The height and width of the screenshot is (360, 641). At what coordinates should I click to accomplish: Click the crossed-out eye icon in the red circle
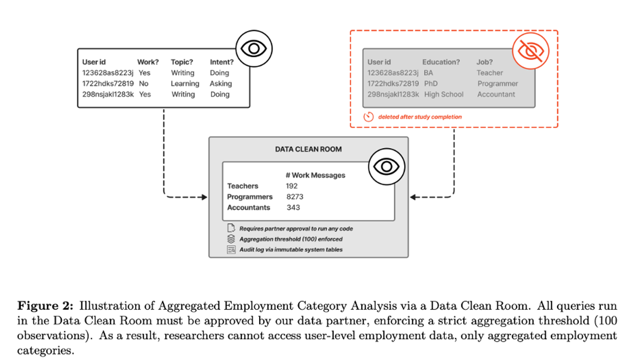(529, 51)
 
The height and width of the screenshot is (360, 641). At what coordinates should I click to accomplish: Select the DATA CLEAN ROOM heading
(308, 150)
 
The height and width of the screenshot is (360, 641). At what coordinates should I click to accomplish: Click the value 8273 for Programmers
(295, 197)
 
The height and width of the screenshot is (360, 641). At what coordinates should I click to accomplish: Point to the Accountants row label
(248, 207)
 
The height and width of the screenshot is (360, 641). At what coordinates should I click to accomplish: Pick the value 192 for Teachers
(292, 186)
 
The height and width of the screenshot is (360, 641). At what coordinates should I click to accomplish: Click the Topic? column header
(182, 62)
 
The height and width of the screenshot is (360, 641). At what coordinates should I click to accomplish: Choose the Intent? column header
(222, 62)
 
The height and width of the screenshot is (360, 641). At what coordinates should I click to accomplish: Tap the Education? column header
(441, 62)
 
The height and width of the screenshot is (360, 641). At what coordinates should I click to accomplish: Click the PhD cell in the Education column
(431, 83)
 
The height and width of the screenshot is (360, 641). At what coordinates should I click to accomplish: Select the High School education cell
(444, 94)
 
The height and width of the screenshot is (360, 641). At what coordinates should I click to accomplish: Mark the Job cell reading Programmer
(498, 83)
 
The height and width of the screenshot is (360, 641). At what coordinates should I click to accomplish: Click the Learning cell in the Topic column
(185, 83)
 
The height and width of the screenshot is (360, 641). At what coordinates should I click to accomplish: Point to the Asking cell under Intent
(221, 83)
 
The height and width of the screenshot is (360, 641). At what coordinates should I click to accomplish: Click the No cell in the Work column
(143, 83)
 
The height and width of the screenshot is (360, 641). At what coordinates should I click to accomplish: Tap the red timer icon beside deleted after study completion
(368, 116)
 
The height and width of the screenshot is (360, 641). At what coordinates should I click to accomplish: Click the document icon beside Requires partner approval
(231, 228)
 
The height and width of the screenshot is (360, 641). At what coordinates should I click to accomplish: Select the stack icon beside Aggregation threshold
(231, 239)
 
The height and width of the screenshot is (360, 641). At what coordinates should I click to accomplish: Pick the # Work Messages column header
(315, 175)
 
